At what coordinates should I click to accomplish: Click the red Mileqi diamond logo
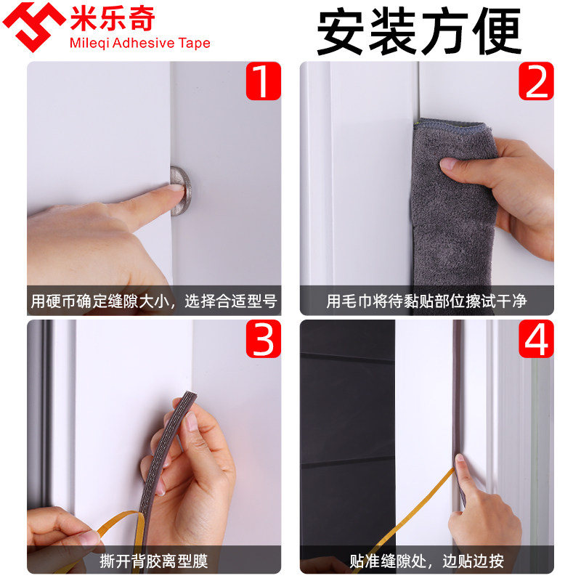tap(34, 26)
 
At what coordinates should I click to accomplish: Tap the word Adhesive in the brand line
tap(143, 43)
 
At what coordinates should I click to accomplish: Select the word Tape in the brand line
tap(194, 44)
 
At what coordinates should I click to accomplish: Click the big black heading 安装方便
tap(419, 32)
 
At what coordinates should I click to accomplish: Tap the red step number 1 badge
tap(264, 81)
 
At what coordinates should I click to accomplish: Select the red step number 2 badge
tap(536, 81)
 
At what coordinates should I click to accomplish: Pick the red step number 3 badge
tap(264, 338)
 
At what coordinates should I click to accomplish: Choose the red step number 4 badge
tap(536, 338)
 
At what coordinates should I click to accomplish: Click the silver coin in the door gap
tap(180, 190)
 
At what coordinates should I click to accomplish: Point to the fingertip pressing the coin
tap(176, 190)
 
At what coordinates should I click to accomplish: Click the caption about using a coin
tap(154, 301)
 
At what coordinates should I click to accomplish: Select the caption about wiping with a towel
tap(426, 301)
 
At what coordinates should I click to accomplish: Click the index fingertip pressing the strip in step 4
tap(460, 460)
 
